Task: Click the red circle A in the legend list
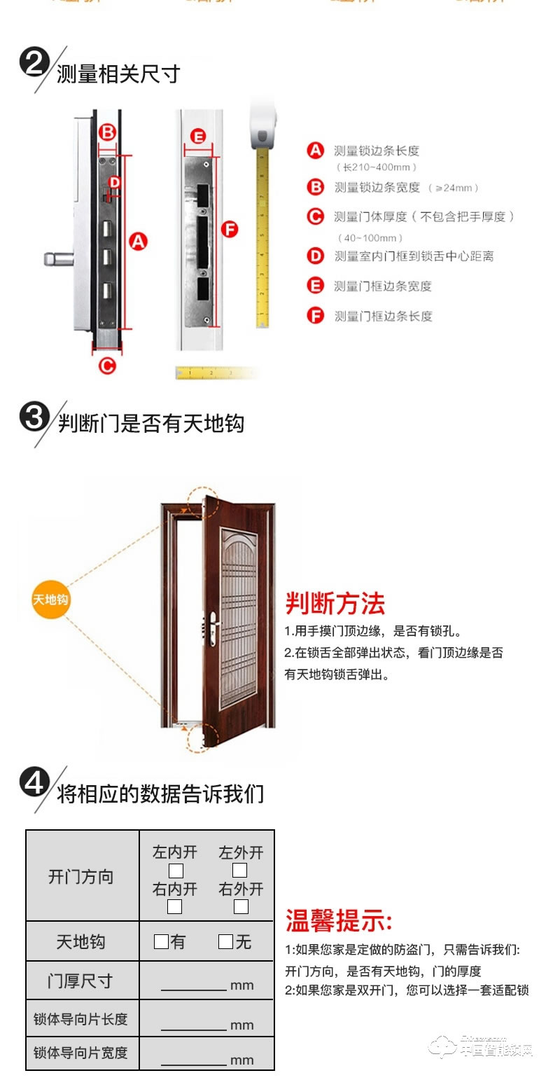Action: coord(316,150)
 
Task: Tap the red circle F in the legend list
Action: coord(316,316)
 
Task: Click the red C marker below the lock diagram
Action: coord(106,364)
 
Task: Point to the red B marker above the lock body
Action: coord(106,132)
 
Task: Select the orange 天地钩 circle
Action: coord(52,600)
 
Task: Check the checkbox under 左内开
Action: coord(176,871)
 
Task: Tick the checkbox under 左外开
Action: coord(240,871)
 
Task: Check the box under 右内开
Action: coord(176,907)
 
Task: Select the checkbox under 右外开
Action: coord(241,907)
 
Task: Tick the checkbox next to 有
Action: coord(161,941)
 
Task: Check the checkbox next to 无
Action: coord(225,941)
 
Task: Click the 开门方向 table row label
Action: coord(81,877)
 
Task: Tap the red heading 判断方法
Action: coord(335,603)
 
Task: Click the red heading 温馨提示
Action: coord(339,921)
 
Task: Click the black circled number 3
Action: coord(33,419)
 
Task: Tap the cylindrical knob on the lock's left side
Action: coord(55,260)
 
